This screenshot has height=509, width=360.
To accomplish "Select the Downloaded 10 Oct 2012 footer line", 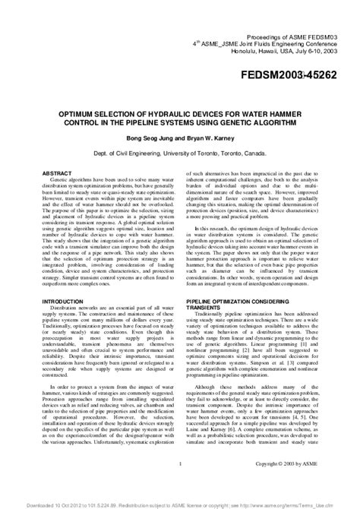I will pyautogui.click(x=180, y=503).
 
